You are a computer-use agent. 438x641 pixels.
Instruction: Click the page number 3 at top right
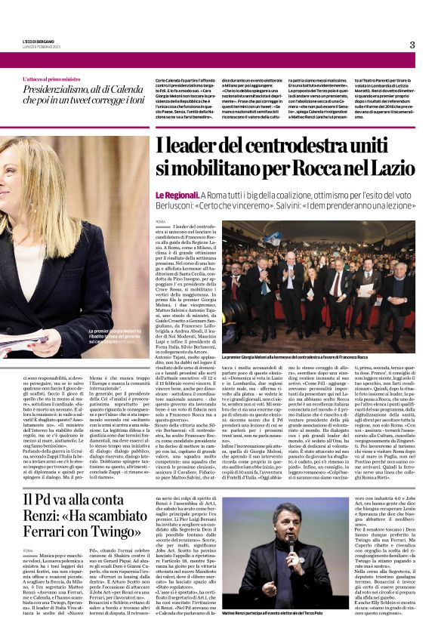412,45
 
